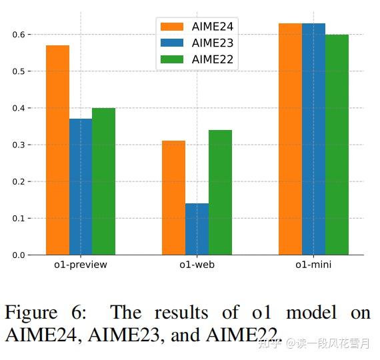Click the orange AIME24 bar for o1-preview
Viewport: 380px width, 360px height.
[x=57, y=150]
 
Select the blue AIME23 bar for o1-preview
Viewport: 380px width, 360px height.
[x=81, y=187]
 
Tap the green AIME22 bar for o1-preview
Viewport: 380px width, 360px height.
[x=103, y=181]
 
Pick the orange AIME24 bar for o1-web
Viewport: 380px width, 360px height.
[x=173, y=198]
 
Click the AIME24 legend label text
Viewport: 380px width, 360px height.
[x=212, y=27]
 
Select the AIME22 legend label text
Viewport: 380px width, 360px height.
[x=212, y=59]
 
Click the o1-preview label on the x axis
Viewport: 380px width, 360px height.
[x=81, y=265]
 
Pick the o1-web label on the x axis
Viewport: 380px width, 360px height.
[x=197, y=265]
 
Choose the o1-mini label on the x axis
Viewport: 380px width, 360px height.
[x=313, y=265]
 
